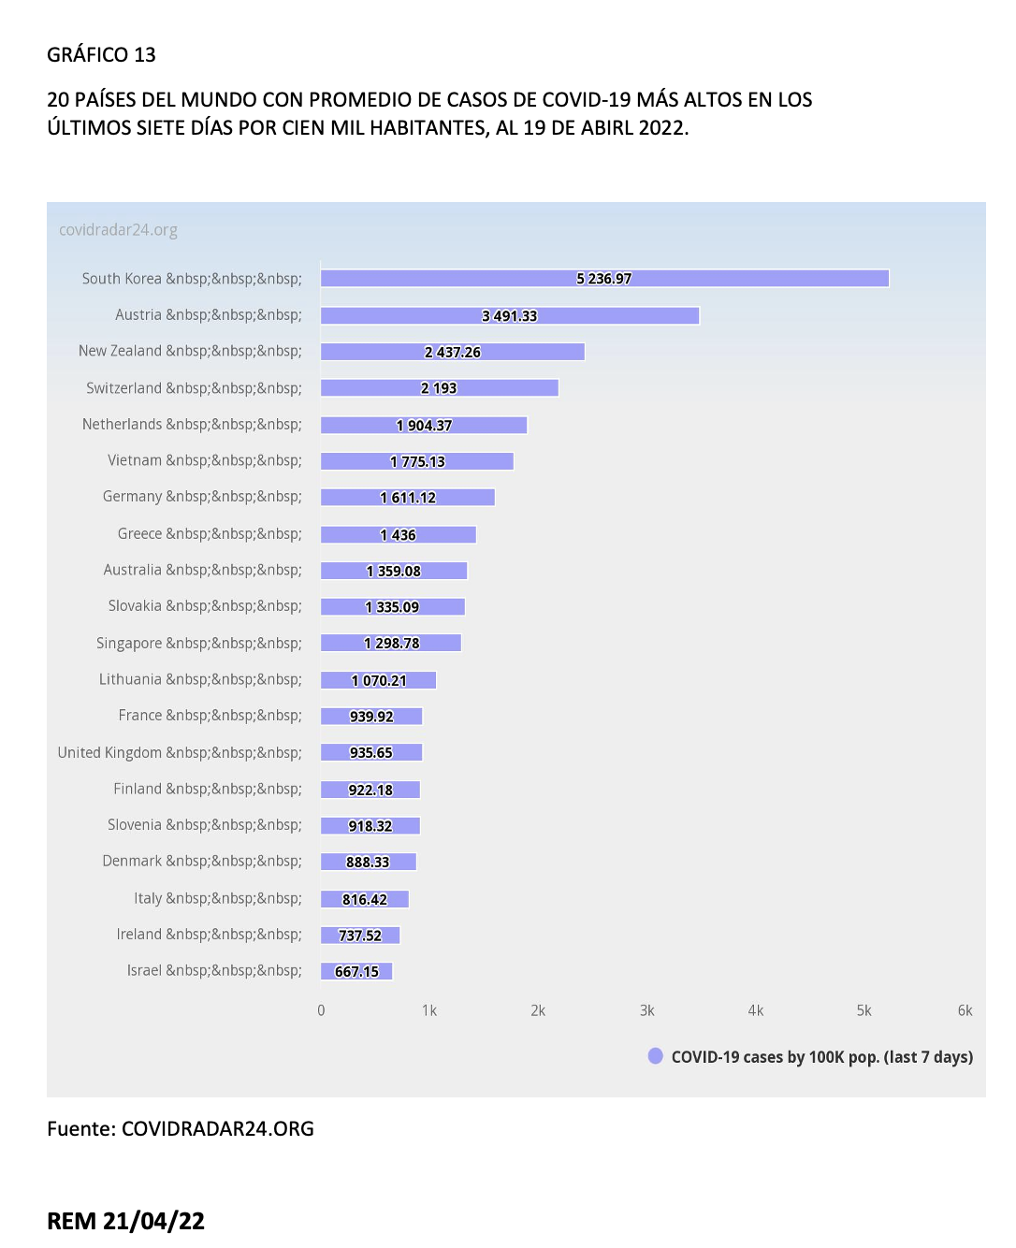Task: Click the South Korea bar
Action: click(x=604, y=278)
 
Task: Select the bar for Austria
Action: click(x=510, y=316)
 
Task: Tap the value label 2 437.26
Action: click(x=453, y=352)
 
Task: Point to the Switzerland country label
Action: click(x=194, y=388)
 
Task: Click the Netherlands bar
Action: click(x=424, y=426)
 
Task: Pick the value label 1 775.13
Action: click(x=418, y=462)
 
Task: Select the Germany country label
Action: click(x=202, y=496)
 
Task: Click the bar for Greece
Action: click(x=399, y=535)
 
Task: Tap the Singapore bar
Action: click(x=391, y=643)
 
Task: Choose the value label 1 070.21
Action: click(x=379, y=680)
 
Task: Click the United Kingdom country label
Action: click(x=180, y=752)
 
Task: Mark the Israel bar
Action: click(x=356, y=971)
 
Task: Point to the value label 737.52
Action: click(x=360, y=936)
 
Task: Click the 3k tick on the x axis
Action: click(x=646, y=1010)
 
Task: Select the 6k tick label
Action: click(x=965, y=1010)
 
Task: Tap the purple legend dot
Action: click(x=656, y=1056)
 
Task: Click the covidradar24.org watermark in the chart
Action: click(x=119, y=230)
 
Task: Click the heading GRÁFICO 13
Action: click(x=101, y=54)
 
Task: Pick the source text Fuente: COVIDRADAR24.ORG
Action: click(x=181, y=1129)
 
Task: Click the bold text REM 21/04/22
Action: click(x=126, y=1221)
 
